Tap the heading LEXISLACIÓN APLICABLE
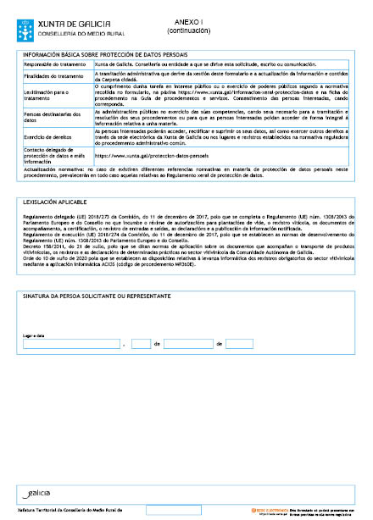click(55, 203)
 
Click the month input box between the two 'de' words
click(187, 344)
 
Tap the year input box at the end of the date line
click(240, 344)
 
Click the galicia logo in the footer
click(37, 492)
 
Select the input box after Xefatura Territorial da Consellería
click(173, 511)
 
